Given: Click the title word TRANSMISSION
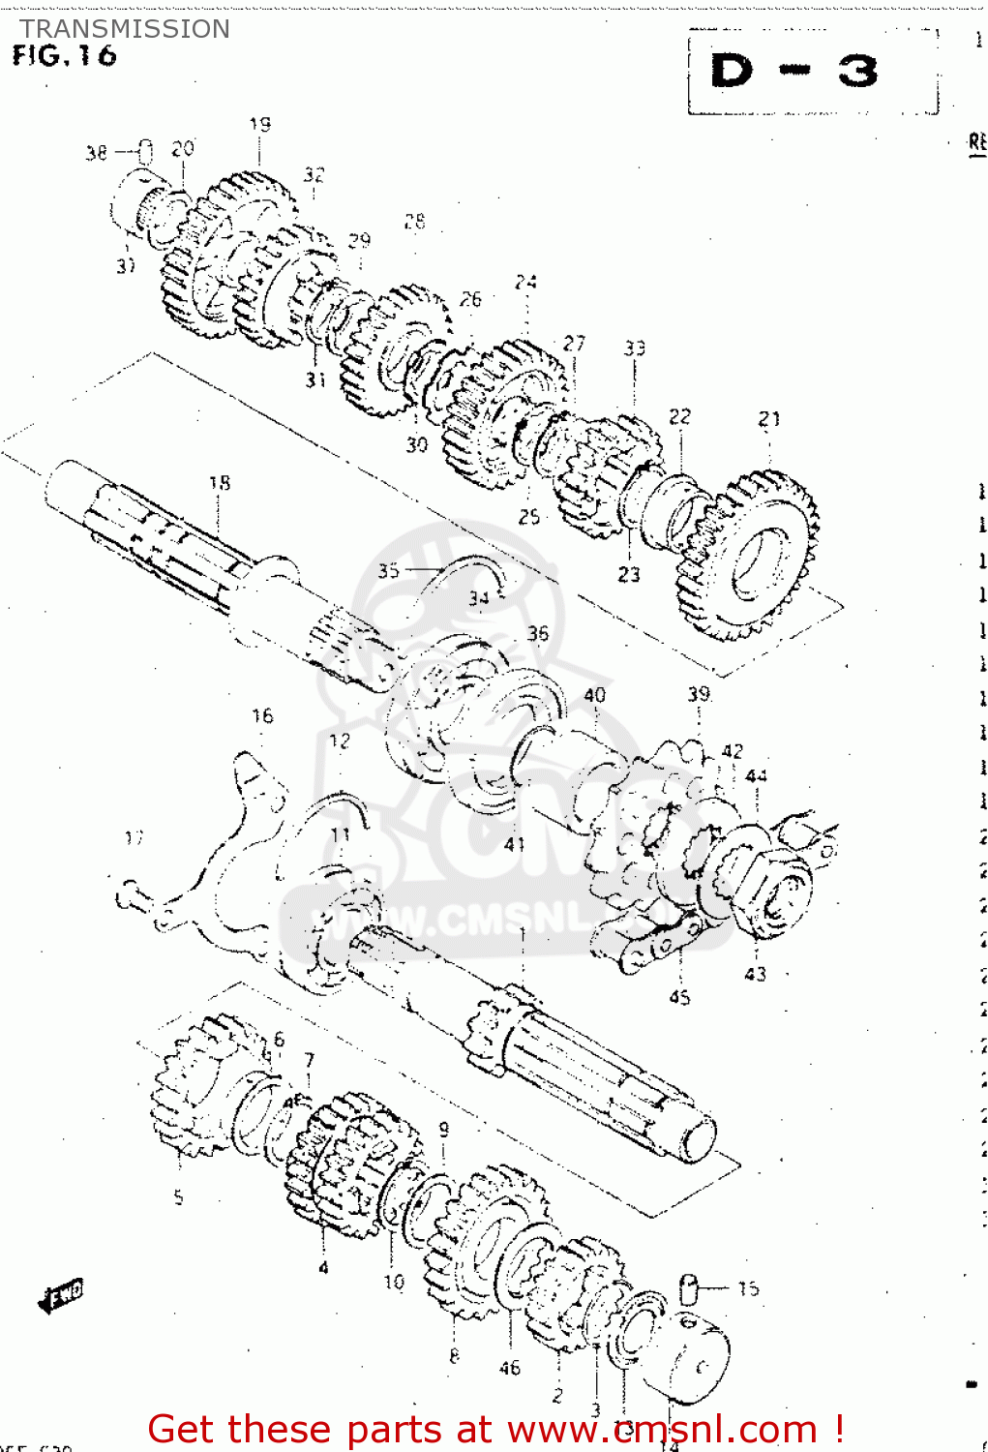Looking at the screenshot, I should tap(125, 29).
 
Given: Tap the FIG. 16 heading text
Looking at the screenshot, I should tap(64, 56).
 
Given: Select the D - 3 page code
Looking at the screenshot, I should tap(793, 72).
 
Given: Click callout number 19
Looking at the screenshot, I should tap(259, 124).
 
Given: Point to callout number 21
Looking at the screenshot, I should tap(768, 418).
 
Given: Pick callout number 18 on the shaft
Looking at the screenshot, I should tap(220, 482).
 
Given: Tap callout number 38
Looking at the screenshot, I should tap(96, 152).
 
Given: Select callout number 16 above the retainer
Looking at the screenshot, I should tap(262, 715).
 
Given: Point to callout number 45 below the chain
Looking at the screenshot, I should tap(679, 997).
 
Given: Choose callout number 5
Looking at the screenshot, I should tap(178, 1197).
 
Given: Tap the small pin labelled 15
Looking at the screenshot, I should tap(689, 1288).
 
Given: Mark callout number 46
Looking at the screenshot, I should tap(510, 1368).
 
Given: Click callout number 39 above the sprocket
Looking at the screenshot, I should tap(699, 694).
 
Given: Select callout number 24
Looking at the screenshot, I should tap(525, 282).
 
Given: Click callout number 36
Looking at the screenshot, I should tap(537, 633).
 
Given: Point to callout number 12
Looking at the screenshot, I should tap(340, 741).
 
